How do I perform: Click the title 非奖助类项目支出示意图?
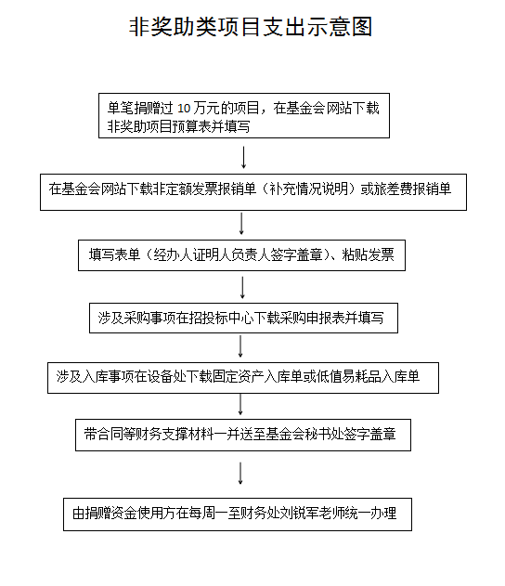coord(251,27)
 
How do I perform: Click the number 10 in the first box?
coord(184,109)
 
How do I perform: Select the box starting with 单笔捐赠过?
coord(244,116)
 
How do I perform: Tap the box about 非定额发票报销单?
coord(253,192)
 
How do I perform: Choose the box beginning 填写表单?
coord(241,255)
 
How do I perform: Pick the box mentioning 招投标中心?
coord(243,318)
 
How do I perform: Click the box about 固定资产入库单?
coord(243,377)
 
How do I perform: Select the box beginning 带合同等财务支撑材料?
coord(243,435)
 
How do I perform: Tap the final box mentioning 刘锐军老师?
coord(238,514)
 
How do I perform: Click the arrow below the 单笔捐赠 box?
coord(244,157)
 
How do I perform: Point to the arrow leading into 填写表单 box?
coord(241,224)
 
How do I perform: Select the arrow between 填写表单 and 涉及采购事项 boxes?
coord(242,287)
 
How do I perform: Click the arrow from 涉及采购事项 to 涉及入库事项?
coord(240,346)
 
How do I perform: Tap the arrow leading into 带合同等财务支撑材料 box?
coord(240,404)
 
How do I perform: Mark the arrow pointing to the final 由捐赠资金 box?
coord(240,473)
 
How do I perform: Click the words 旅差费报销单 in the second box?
coord(413,189)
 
